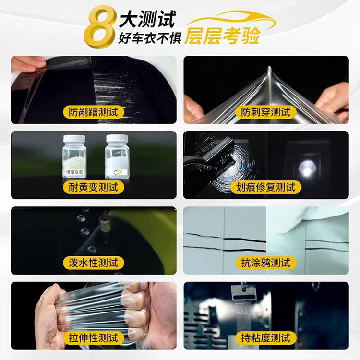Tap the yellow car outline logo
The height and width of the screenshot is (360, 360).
pos(232,21)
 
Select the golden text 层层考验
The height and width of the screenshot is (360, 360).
pos(222,36)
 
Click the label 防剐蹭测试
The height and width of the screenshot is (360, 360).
pos(94,112)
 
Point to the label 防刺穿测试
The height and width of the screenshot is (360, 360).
pos(265,112)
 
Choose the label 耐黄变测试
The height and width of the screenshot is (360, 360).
pos(94,187)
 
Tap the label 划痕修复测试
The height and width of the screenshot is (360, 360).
pos(265,187)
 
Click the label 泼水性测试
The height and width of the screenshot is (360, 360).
pos(94,263)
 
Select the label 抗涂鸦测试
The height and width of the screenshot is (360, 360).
pos(265,263)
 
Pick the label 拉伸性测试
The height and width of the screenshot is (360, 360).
pos(94,338)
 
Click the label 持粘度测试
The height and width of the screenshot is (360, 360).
pos(265,338)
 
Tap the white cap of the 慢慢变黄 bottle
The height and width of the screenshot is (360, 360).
pos(74,138)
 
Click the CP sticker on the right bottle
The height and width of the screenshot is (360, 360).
pos(118,172)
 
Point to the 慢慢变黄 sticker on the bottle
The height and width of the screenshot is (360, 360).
pos(74,172)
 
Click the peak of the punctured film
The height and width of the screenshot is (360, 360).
pos(270,67)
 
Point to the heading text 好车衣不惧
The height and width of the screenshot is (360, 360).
pos(150,38)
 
